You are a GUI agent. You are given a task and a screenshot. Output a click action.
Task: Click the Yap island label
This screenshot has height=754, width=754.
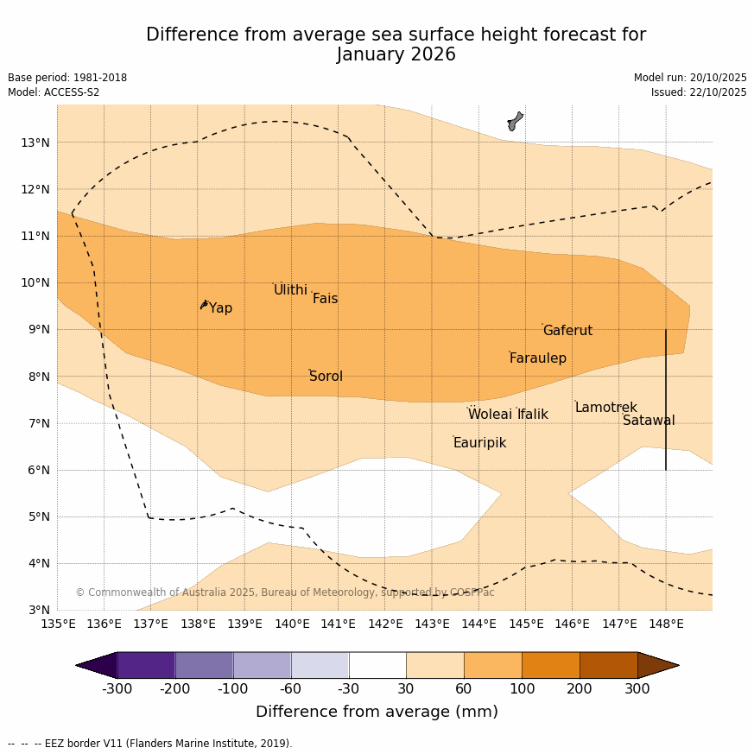220,308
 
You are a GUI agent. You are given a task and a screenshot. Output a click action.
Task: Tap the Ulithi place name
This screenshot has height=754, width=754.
290,290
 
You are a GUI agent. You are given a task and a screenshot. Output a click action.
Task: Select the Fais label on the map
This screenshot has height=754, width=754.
325,299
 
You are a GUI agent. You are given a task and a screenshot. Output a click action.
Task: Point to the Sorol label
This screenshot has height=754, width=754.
326,377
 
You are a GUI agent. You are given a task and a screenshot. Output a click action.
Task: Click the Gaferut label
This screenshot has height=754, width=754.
567,331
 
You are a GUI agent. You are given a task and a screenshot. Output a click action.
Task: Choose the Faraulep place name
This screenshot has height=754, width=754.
537,358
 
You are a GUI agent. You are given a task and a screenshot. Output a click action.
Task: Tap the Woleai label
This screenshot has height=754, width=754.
490,415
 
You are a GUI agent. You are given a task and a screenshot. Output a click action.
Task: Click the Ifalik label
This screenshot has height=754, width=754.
532,415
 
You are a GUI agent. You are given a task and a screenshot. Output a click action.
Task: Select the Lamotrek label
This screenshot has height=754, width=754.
605,408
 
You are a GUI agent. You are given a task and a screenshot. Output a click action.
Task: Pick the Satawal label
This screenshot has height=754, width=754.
649,421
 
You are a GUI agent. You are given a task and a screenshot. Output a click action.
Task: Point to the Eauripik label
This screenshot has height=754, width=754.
479,443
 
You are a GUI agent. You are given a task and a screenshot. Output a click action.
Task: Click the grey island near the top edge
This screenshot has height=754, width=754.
515,121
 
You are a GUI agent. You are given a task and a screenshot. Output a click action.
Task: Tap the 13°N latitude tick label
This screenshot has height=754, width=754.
35,143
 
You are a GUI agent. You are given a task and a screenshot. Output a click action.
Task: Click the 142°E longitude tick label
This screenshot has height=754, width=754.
385,624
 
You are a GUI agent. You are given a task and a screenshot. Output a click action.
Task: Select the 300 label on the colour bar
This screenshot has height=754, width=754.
637,688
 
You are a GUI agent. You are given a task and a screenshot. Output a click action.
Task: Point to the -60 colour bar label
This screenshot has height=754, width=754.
291,688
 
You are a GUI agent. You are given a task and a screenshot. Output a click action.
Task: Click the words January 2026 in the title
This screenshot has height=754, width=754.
396,55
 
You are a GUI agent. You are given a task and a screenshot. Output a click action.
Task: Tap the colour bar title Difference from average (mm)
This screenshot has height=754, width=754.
377,713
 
